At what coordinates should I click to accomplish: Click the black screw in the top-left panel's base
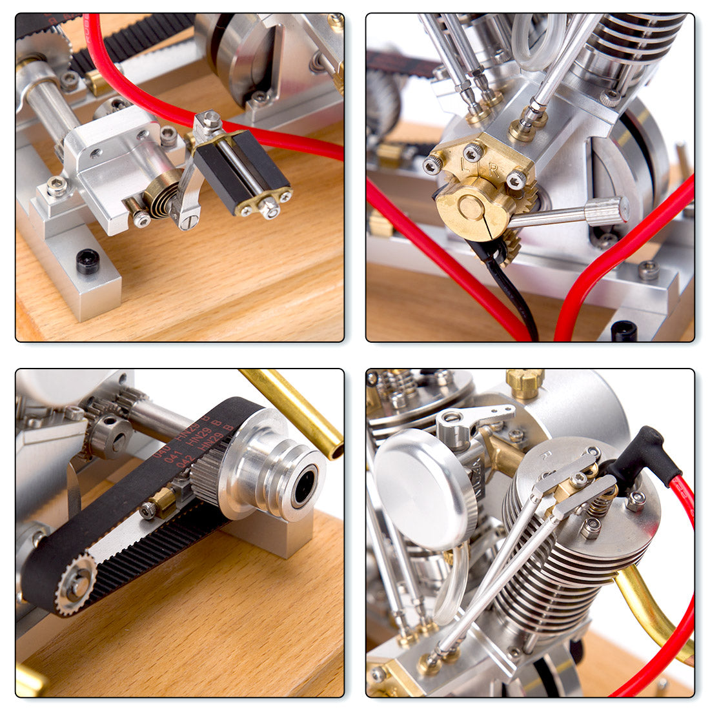(x=87, y=261)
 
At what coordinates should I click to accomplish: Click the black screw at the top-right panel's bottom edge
(x=624, y=330)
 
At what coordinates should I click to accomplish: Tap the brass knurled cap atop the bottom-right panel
(x=524, y=382)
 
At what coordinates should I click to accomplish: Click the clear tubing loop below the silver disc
(x=452, y=584)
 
